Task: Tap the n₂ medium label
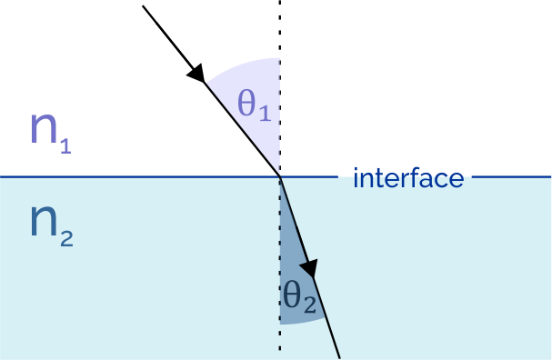[x=51, y=223]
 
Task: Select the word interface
[x=407, y=177]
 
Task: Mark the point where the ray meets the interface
[x=279, y=176]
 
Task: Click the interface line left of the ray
[x=136, y=176]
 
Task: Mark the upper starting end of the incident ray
[x=144, y=5]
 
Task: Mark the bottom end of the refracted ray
[x=339, y=356]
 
